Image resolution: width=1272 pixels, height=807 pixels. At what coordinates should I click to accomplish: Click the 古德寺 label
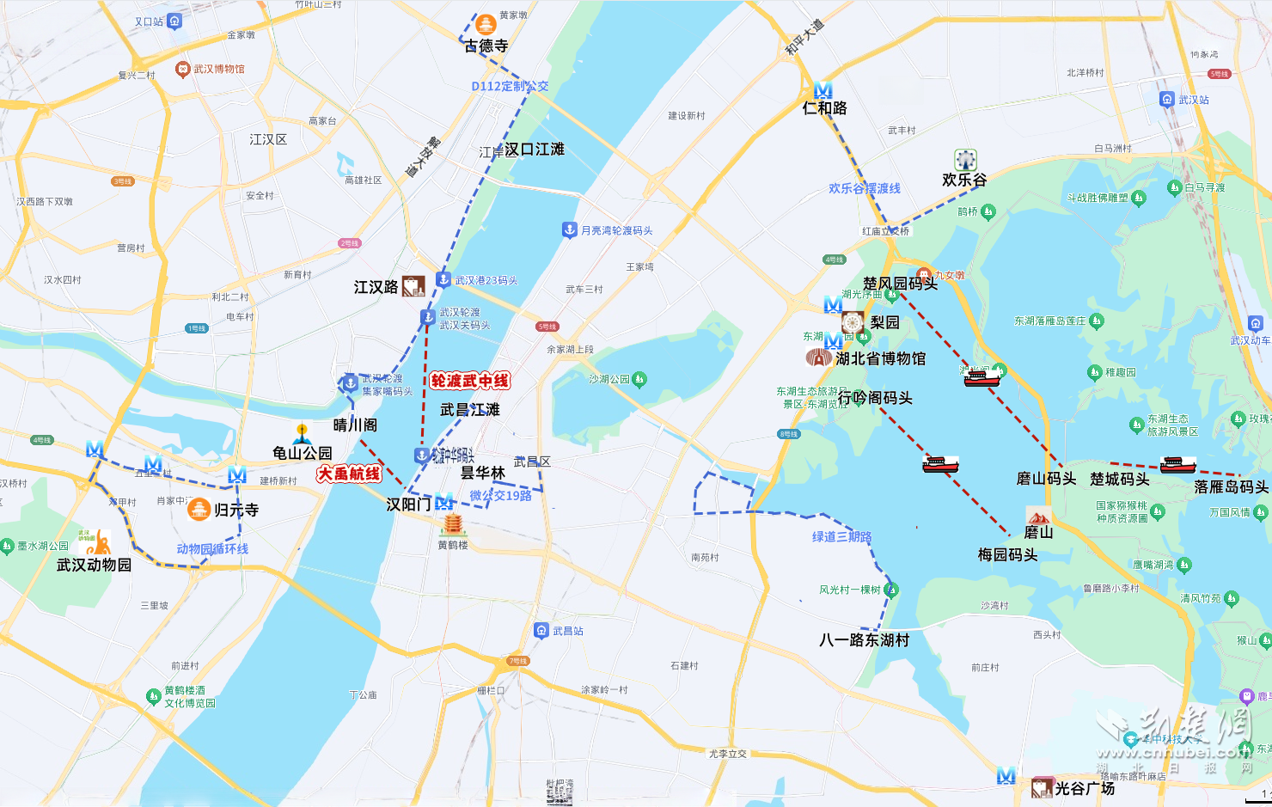click(486, 46)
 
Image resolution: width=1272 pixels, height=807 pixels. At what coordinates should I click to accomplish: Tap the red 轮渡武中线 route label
click(470, 381)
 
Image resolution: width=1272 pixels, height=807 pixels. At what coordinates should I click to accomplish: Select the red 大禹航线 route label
click(349, 474)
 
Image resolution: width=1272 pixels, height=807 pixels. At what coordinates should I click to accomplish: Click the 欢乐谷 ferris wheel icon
click(965, 160)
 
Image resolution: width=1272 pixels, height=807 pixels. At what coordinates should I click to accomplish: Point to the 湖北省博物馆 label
click(880, 358)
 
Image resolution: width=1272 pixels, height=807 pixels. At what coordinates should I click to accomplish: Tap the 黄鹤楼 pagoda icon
click(452, 524)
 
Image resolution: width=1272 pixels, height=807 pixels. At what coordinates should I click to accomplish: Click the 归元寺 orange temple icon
click(199, 510)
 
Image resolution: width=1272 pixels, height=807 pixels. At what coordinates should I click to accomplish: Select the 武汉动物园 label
click(95, 565)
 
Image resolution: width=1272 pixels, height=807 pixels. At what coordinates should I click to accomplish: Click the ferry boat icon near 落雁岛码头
click(1177, 465)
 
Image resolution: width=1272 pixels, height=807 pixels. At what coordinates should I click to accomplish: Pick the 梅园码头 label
click(1007, 554)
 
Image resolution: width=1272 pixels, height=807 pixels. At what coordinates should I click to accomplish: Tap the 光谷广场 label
click(1085, 788)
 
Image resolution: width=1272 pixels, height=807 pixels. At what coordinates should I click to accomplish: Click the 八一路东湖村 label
click(864, 639)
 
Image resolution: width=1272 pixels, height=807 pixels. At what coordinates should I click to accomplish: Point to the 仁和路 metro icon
click(823, 90)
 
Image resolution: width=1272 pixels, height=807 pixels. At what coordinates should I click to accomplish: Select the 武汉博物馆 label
click(218, 69)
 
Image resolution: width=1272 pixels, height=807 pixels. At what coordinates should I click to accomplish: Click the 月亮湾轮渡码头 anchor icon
click(569, 229)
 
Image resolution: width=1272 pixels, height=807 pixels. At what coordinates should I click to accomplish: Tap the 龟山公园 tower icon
click(302, 432)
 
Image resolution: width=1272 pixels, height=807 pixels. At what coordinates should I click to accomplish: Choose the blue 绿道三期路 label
click(841, 536)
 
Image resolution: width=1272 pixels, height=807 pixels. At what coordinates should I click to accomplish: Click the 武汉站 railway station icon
click(1166, 100)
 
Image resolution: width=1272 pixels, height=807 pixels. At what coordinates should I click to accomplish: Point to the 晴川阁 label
click(355, 425)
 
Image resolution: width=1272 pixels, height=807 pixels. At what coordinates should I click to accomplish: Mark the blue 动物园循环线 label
click(212, 548)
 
